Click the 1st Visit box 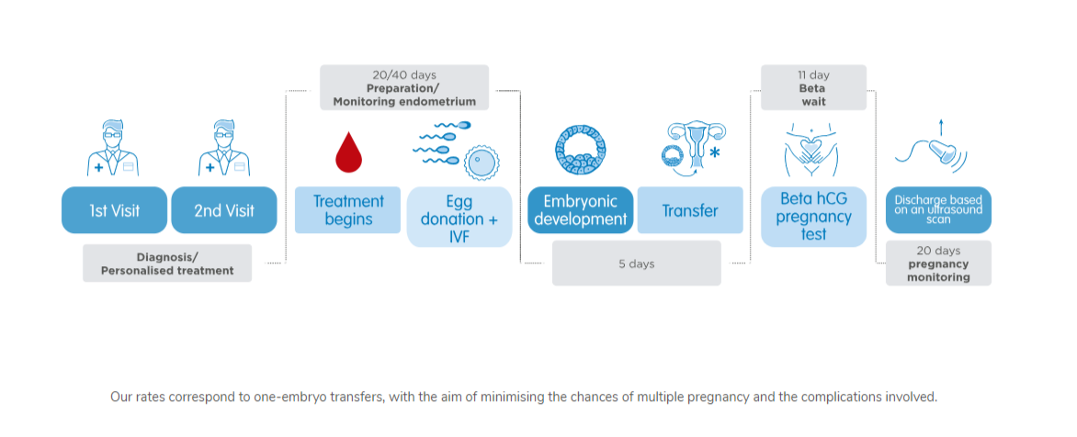click(114, 210)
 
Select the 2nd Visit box click(224, 210)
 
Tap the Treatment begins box click(347, 210)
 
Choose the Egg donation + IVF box click(459, 217)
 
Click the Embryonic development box click(581, 210)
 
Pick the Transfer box click(690, 210)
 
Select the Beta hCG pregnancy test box click(814, 217)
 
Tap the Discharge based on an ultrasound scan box click(938, 210)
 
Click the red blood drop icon click(348, 151)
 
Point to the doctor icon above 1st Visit click(113, 148)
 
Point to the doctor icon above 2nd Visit click(224, 148)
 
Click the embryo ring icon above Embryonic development click(581, 148)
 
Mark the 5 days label click(637, 263)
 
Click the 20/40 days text click(404, 74)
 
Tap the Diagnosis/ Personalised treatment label click(167, 263)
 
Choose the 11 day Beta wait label click(814, 87)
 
